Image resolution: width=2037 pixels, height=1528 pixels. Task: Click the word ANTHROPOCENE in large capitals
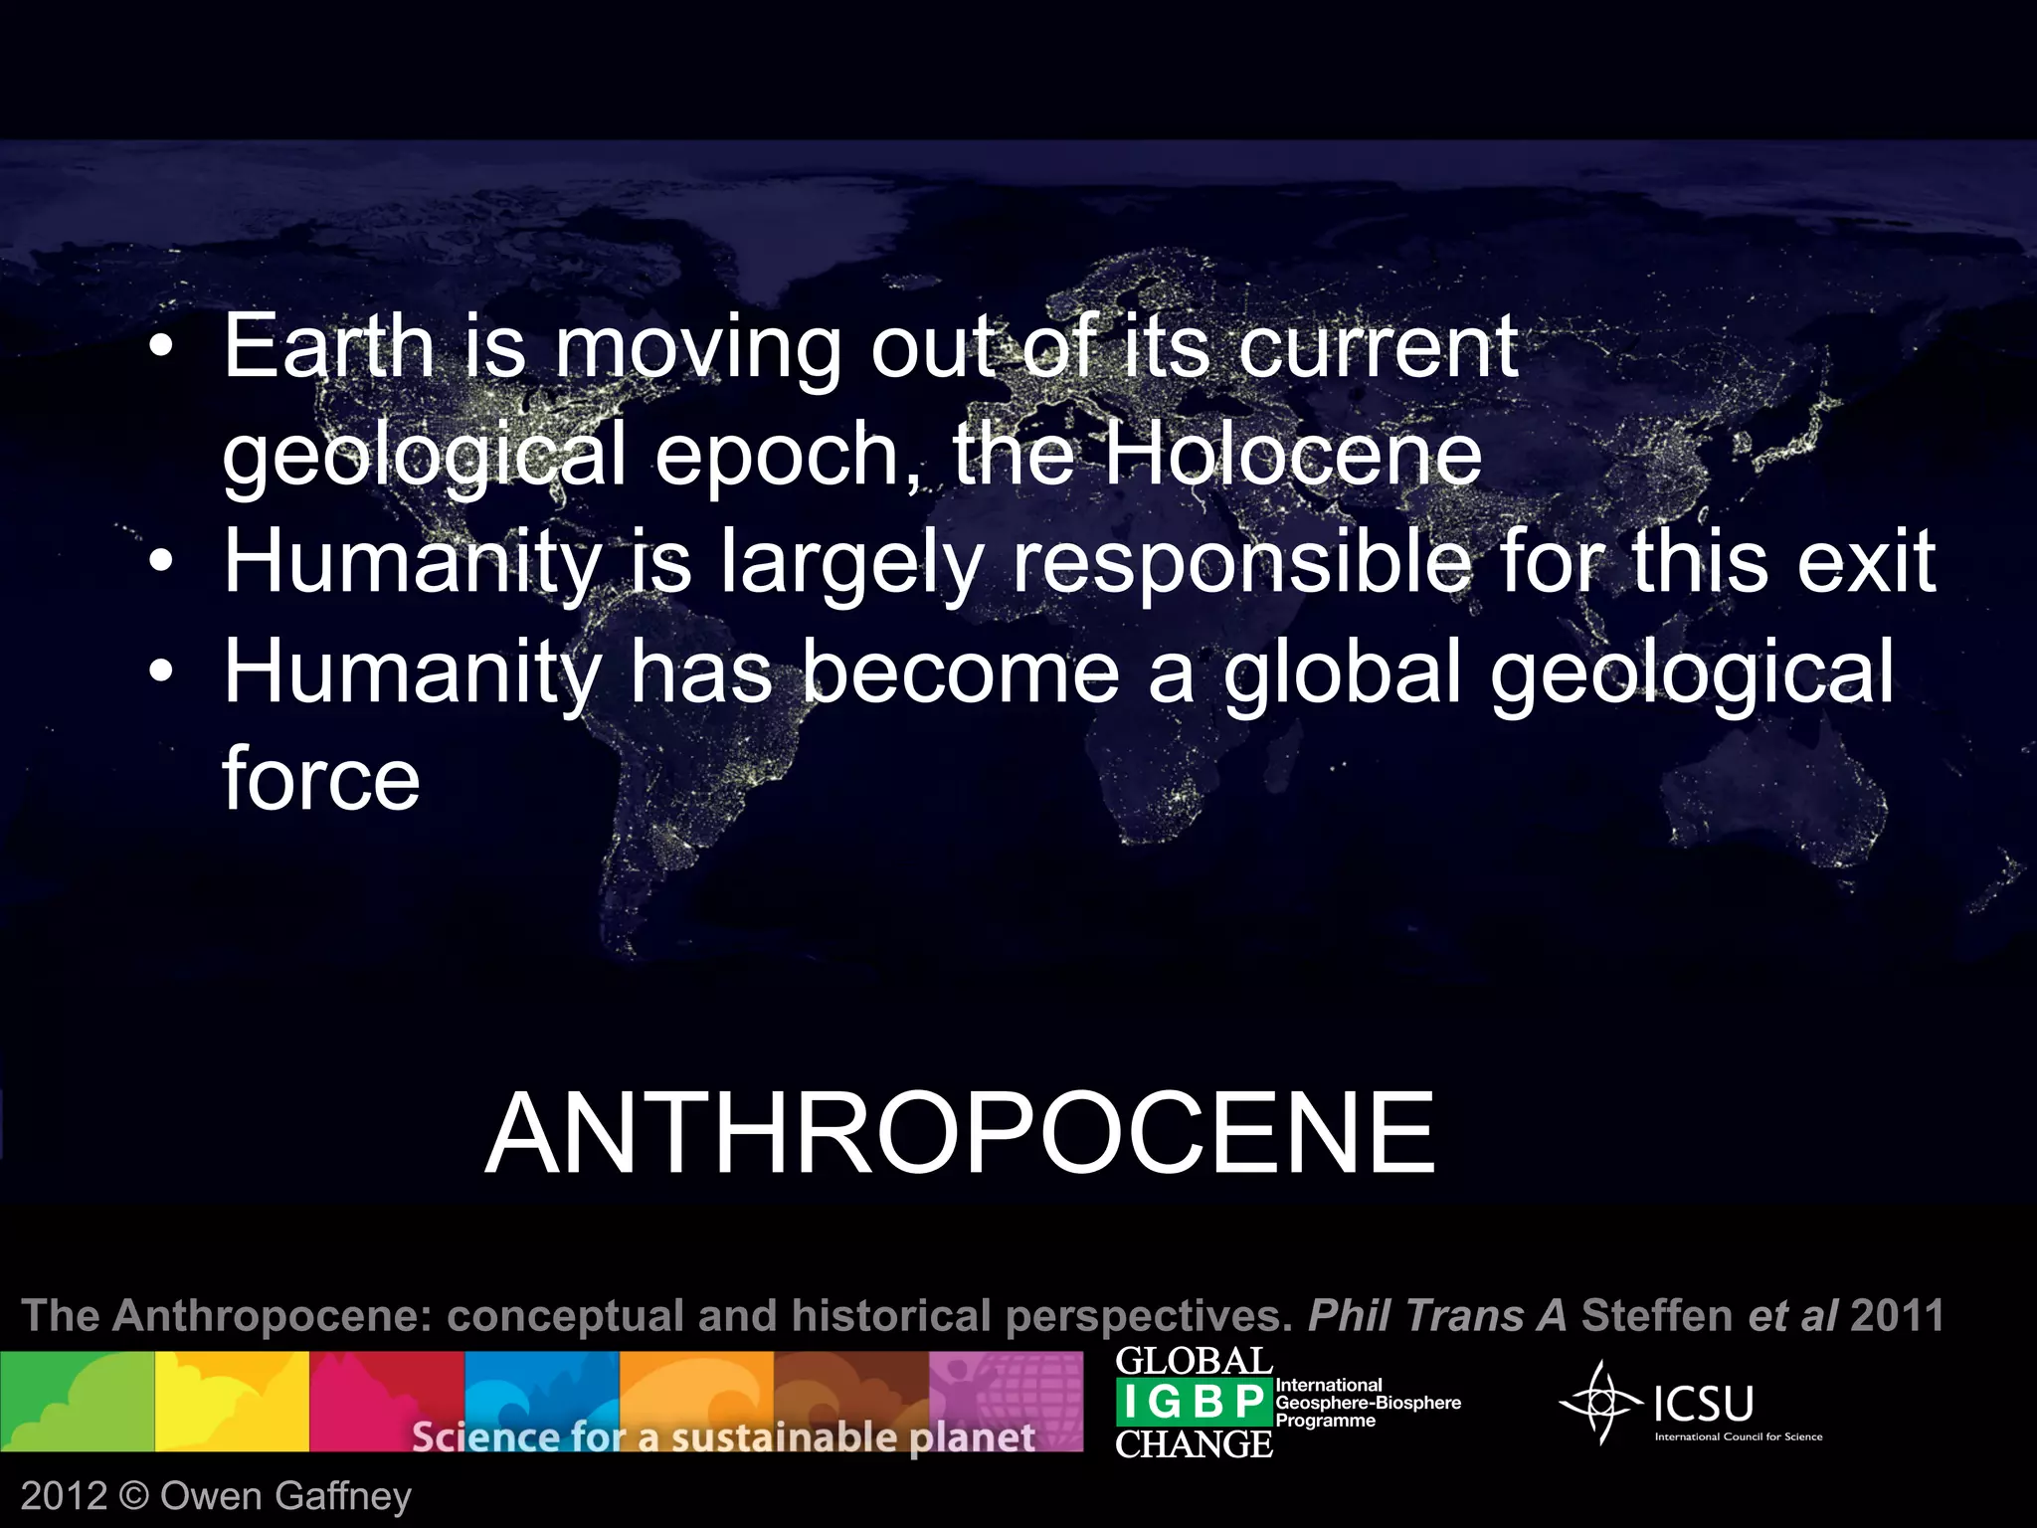[960, 1133]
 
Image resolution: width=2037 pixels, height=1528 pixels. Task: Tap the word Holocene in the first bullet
[1292, 455]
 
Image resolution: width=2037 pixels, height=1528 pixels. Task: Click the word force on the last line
[320, 778]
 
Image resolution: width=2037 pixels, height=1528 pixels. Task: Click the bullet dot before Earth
[160, 349]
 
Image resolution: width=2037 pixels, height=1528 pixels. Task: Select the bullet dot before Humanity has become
[160, 673]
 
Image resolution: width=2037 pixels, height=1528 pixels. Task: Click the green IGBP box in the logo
[1193, 1403]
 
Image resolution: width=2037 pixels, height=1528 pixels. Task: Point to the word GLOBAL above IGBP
[1193, 1361]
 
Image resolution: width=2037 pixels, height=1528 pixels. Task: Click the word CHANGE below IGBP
[1193, 1444]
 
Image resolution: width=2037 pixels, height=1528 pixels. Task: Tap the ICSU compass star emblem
[1600, 1403]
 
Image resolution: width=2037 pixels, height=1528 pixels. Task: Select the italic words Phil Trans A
[1437, 1315]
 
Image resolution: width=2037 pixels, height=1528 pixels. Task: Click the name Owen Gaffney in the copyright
[285, 1496]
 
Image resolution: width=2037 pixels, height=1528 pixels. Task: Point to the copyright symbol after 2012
[132, 1496]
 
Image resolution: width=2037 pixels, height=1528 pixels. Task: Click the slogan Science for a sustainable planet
[723, 1436]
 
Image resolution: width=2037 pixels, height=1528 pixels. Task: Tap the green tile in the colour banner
[77, 1401]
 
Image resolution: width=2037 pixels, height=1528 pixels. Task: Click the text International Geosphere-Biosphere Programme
[1368, 1403]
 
